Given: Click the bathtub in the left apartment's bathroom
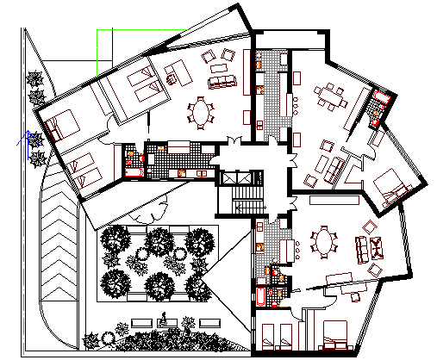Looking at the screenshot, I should (134, 171).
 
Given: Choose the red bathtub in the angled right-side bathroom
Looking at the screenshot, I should (377, 112).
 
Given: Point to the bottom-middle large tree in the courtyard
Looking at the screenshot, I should (159, 284).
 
